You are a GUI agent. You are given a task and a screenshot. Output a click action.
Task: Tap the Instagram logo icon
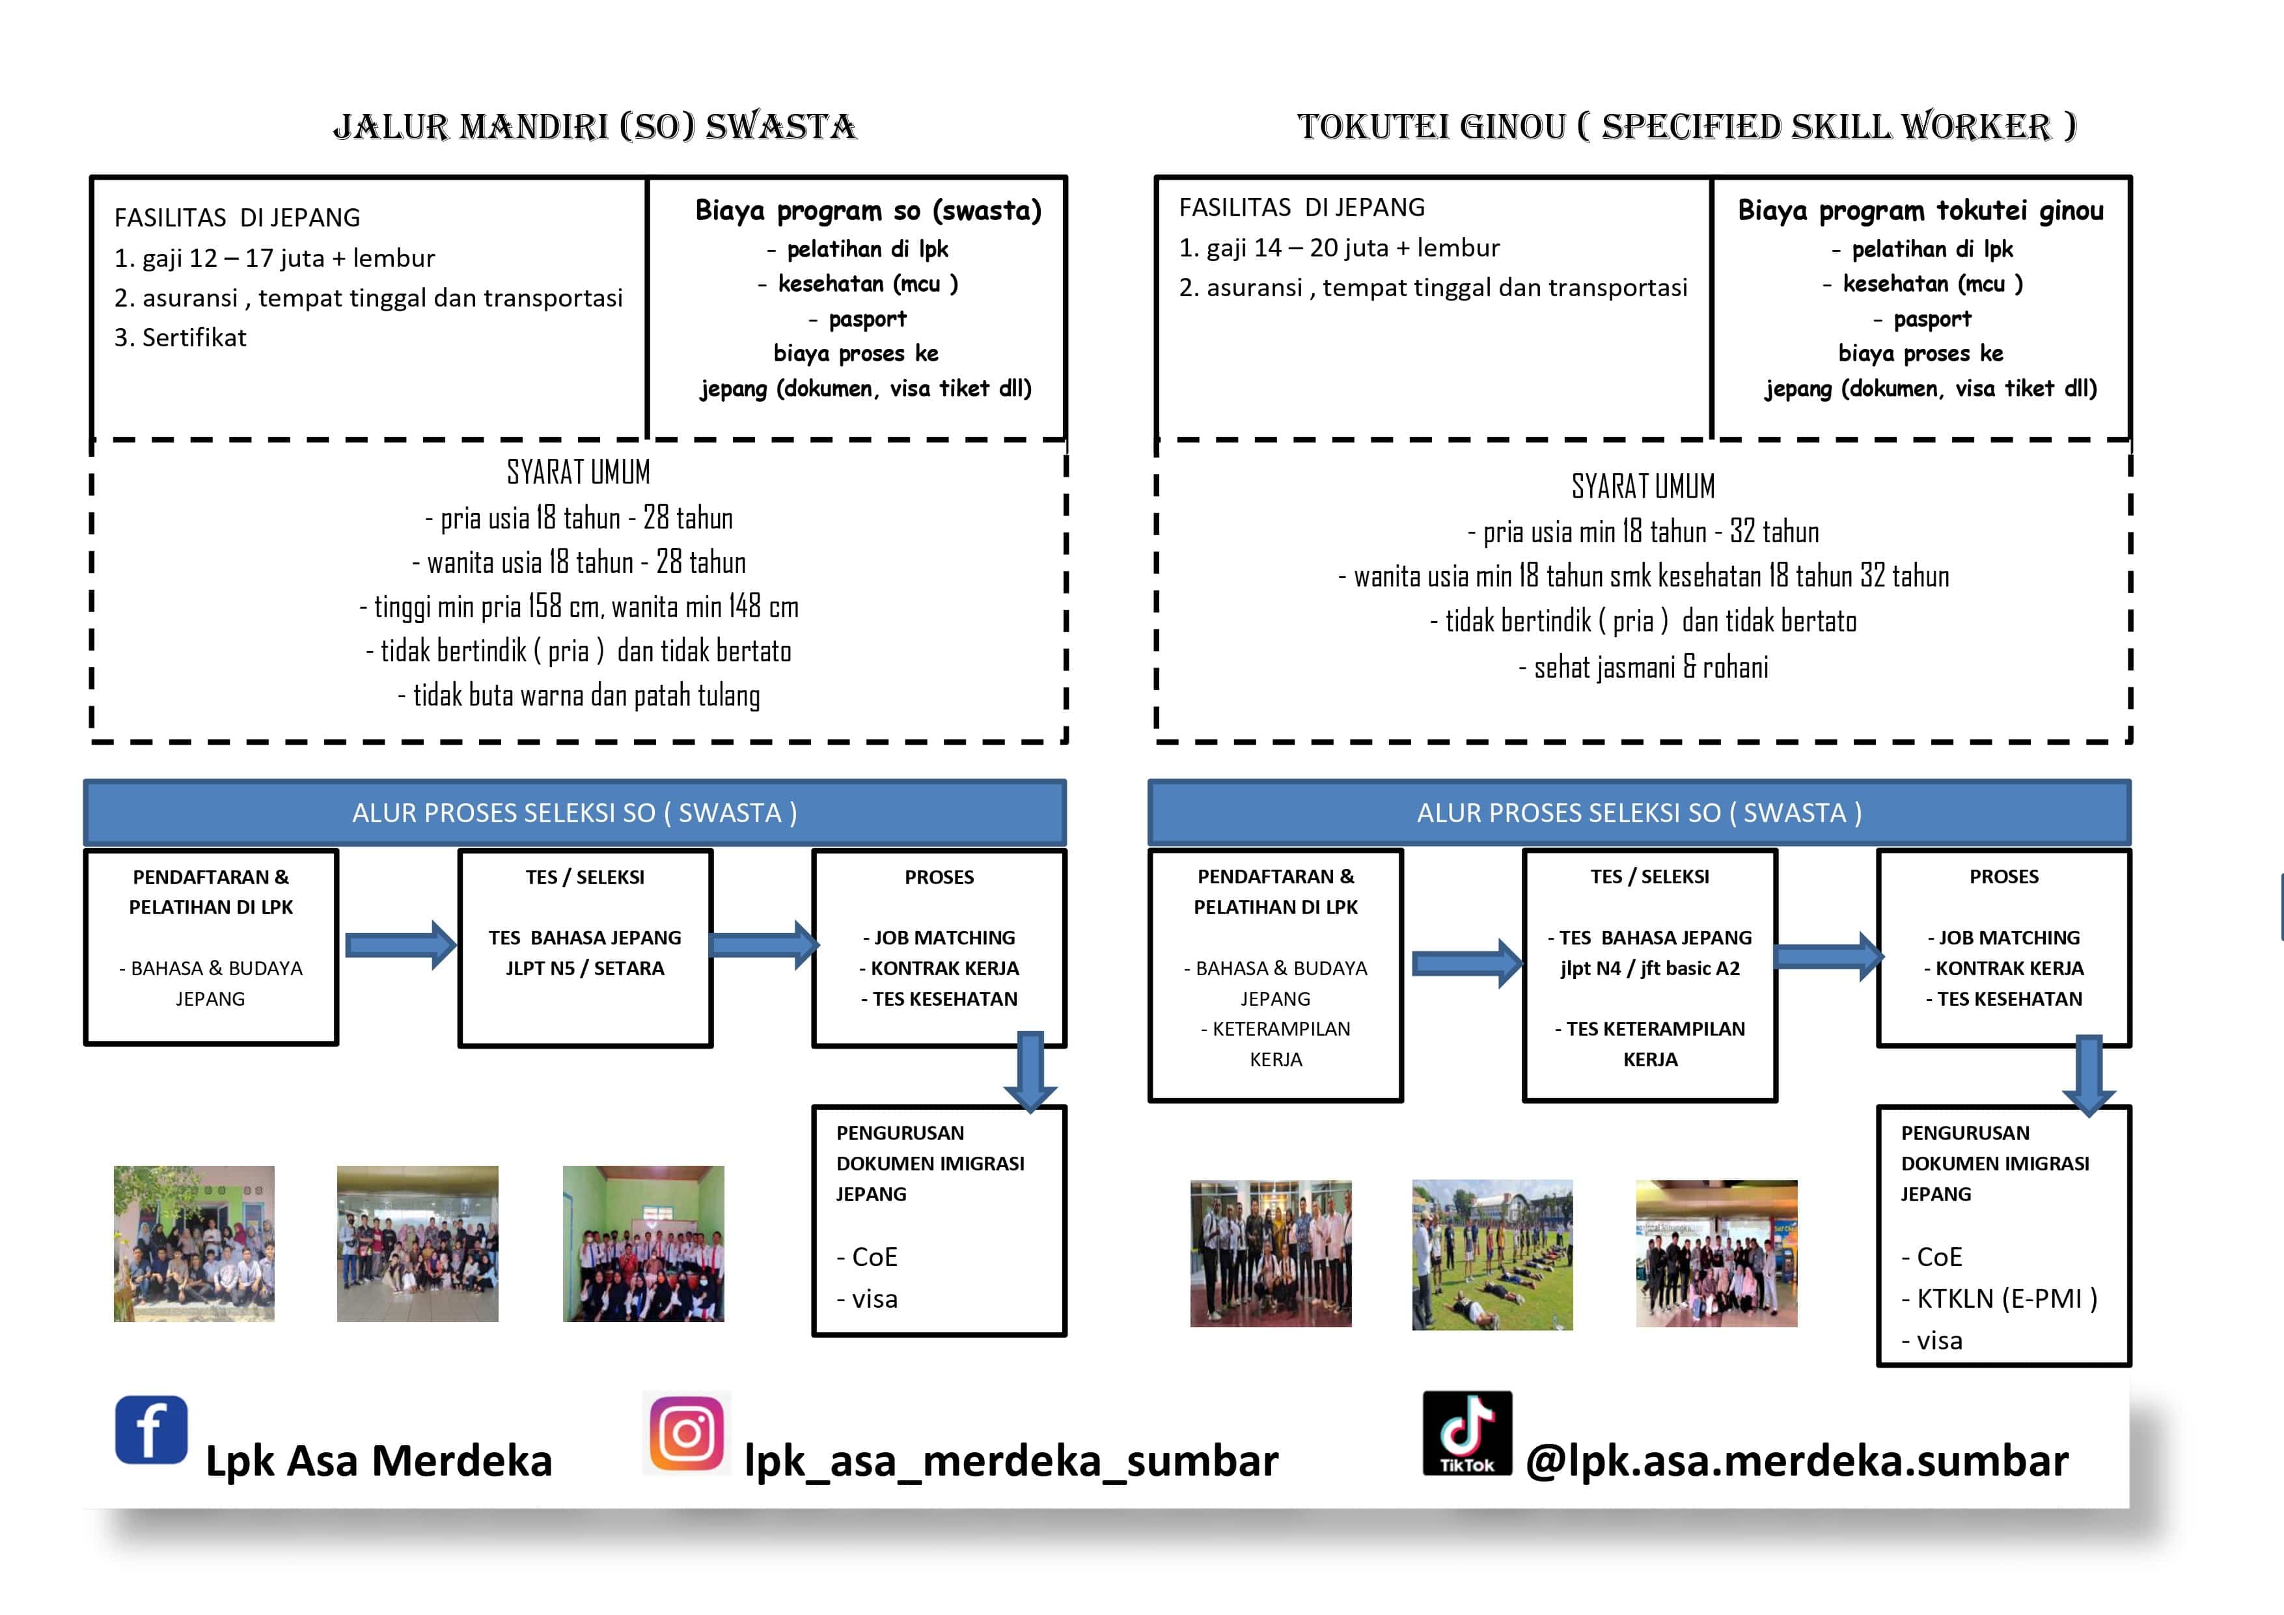click(687, 1433)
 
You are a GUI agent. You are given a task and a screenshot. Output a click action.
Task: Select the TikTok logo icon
click(1467, 1433)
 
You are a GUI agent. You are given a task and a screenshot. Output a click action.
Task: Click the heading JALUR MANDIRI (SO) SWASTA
click(595, 126)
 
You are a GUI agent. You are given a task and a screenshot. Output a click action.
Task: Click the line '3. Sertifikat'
click(180, 337)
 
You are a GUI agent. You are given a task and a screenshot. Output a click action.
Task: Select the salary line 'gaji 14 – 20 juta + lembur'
click(1353, 248)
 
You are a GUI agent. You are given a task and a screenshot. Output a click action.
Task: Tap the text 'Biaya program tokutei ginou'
click(1921, 211)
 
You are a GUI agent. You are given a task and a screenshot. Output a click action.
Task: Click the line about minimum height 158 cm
click(579, 606)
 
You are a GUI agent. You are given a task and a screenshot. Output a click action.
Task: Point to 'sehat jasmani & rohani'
click(1644, 667)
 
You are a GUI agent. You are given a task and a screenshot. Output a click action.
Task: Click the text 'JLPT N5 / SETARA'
click(585, 968)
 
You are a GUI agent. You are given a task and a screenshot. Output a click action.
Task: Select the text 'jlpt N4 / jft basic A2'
click(1650, 968)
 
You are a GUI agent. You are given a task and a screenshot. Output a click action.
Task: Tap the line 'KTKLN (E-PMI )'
click(2000, 1299)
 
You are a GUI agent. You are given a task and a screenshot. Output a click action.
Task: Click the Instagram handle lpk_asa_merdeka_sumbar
click(1011, 1461)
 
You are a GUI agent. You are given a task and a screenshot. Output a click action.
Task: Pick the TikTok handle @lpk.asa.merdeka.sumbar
click(1796, 1461)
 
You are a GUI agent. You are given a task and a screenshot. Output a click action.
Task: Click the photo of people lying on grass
click(1492, 1255)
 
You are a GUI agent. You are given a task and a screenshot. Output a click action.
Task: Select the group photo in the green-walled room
click(644, 1244)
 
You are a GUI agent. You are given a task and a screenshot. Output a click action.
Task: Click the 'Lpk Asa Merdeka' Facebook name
click(379, 1461)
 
